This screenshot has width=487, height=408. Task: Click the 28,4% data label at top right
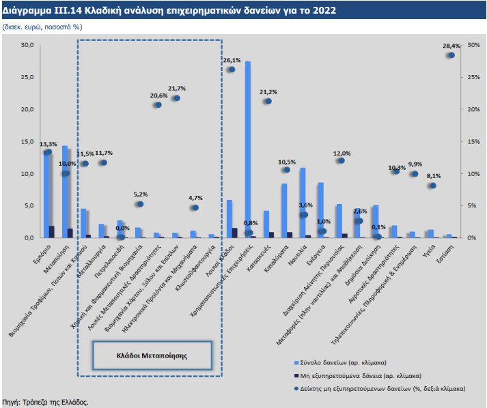point(451,46)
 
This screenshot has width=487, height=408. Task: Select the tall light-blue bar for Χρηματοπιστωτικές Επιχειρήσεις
point(247,149)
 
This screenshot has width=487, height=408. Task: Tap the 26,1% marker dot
point(232,70)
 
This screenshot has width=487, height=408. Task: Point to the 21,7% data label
point(176,89)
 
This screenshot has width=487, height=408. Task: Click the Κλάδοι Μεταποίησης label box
point(150,355)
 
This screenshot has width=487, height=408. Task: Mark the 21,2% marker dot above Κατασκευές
point(268,101)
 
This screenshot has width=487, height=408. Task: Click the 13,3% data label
point(48,144)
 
